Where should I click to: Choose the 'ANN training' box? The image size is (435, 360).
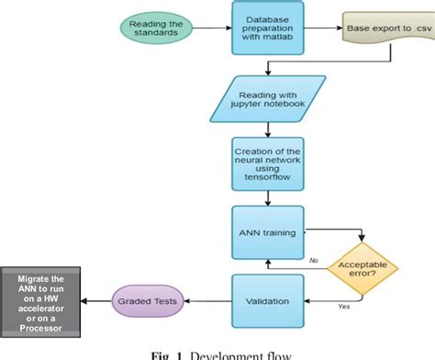[x=266, y=233]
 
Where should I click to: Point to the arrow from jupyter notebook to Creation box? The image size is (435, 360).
[x=266, y=130]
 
